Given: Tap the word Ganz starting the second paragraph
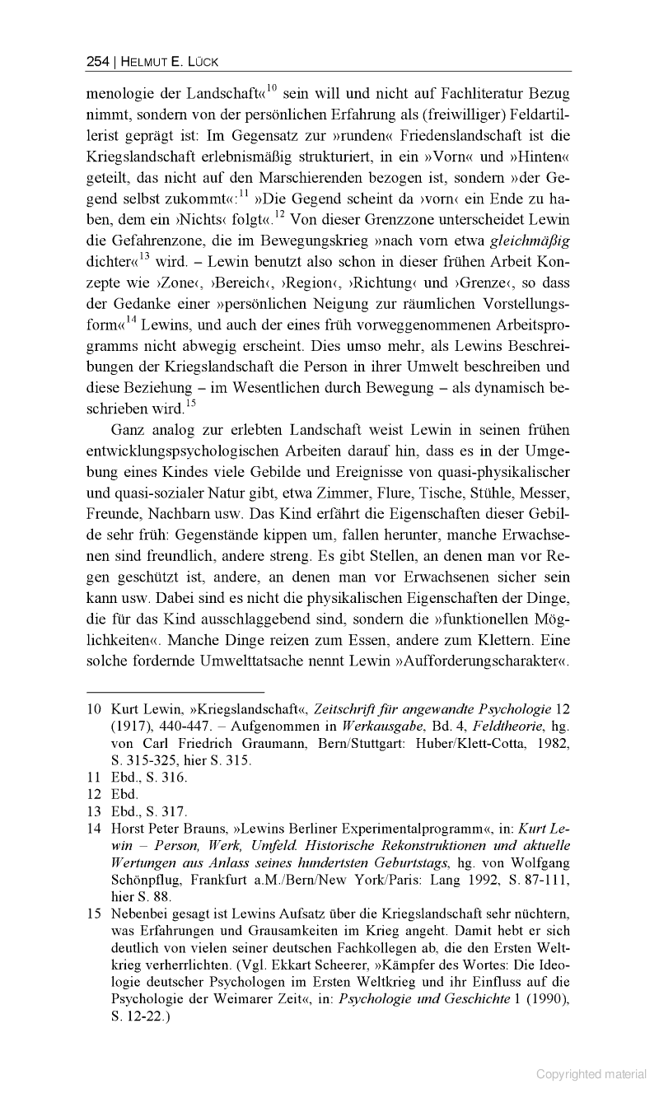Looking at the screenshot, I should tap(129, 430).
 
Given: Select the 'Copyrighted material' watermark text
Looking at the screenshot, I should tap(591, 1073).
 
